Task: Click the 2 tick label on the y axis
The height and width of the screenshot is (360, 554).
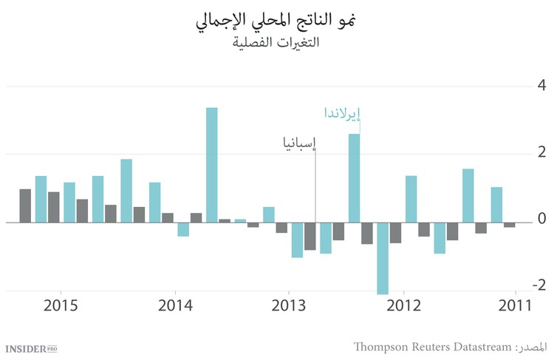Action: click(541, 152)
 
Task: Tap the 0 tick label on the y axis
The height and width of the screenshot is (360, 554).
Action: click(541, 220)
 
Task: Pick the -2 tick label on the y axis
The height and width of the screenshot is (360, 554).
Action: click(538, 286)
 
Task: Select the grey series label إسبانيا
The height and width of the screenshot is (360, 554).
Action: click(298, 143)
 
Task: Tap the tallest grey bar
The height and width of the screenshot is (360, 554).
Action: click(25, 206)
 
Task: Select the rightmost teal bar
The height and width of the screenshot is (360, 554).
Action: click(497, 204)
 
